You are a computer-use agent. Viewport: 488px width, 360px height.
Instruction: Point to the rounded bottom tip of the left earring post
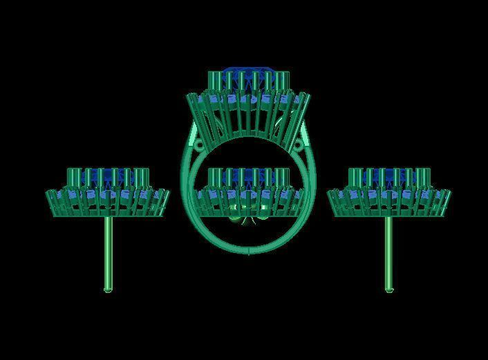click(x=108, y=290)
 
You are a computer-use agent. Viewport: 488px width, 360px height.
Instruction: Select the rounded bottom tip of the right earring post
click(x=388, y=290)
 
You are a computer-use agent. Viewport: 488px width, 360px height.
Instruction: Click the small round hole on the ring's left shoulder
click(x=196, y=146)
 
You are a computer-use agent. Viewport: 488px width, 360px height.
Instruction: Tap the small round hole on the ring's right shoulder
click(x=301, y=145)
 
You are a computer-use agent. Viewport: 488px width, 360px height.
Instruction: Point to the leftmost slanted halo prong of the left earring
click(x=50, y=203)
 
